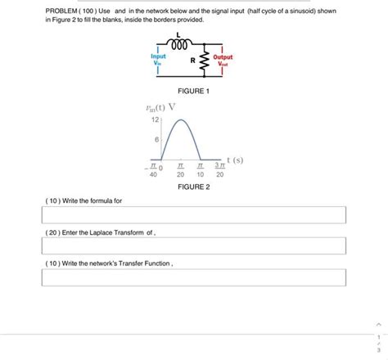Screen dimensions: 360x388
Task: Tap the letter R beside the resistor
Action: point(192,61)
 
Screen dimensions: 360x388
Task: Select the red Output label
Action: point(223,57)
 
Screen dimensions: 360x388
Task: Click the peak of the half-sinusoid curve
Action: point(181,120)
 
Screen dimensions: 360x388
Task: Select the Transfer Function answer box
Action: point(193,279)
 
